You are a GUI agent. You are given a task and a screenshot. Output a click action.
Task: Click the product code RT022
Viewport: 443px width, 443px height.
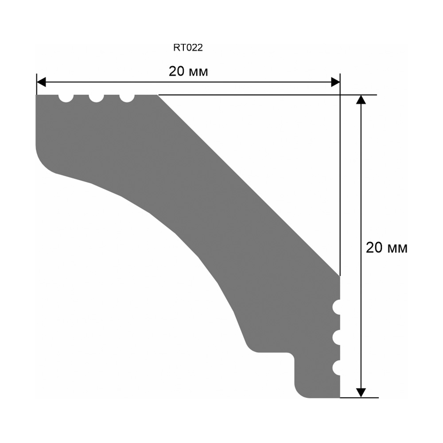click(x=188, y=47)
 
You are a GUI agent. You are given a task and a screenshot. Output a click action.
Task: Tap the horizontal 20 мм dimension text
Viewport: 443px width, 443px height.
click(x=188, y=71)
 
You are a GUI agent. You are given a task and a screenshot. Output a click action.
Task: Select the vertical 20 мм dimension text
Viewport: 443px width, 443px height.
click(x=386, y=248)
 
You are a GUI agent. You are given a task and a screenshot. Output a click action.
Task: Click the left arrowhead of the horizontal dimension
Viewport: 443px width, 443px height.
click(x=41, y=82)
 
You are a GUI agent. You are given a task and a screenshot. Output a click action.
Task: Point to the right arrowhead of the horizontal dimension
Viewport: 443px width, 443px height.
click(x=335, y=82)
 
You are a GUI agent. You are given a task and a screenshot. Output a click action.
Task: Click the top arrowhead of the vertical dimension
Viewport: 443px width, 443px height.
click(x=361, y=100)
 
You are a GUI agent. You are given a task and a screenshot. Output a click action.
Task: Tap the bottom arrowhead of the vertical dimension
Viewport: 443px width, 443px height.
click(x=361, y=392)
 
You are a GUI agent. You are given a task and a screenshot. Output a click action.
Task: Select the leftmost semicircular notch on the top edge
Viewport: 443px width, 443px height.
click(x=66, y=98)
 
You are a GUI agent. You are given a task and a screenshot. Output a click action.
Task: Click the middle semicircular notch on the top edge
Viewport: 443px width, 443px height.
click(x=96, y=98)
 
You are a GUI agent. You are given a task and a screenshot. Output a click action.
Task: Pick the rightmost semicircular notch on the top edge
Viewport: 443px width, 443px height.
click(x=127, y=98)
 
